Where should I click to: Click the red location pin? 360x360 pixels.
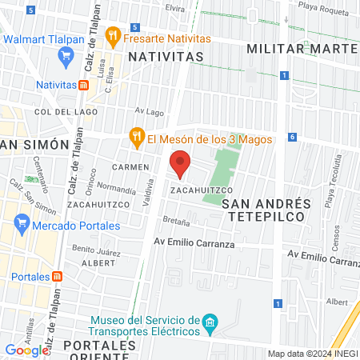[180, 163]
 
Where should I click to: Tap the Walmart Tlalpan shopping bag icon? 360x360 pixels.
[66, 55]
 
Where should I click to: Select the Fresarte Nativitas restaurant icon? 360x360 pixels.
[113, 36]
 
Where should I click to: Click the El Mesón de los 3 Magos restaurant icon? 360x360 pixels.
[137, 138]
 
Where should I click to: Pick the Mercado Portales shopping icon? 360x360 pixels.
[22, 226]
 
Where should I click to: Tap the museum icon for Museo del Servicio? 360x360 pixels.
[210, 325]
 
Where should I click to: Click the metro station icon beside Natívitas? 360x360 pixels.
[83, 84]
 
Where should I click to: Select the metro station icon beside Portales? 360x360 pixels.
[57, 276]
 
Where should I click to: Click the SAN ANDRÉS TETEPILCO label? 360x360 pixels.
[264, 210]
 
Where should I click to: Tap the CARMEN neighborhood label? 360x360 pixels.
[131, 167]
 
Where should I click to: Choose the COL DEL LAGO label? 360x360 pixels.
[54, 112]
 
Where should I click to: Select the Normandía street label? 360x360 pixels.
[116, 190]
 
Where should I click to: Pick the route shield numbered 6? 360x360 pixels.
[293, 138]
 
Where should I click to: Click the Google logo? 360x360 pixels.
[26, 350]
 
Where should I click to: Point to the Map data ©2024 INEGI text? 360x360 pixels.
[312, 354]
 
